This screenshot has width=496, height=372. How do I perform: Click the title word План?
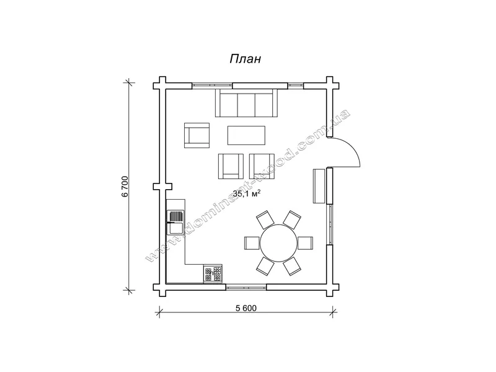coord(246,59)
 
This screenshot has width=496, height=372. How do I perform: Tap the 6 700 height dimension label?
coord(125,187)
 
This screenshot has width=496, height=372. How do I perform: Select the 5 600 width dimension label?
coord(246,308)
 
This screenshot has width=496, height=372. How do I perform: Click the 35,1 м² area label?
coord(247,193)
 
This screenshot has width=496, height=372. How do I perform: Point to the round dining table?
coord(278,243)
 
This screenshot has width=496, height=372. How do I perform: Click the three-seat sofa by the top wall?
coord(246,103)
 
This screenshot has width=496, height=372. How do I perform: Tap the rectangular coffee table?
coord(246,135)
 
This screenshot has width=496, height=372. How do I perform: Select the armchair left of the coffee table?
coord(197,135)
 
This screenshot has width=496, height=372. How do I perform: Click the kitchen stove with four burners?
coord(213,273)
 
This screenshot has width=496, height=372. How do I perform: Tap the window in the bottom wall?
coord(246,287)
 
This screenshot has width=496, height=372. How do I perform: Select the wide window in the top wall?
coord(212,86)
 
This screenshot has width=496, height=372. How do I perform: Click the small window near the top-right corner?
coord(296,86)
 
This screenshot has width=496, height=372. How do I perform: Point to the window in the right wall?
coord(330,224)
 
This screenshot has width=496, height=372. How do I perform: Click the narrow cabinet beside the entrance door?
coord(319,186)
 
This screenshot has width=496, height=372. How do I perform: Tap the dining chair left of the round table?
coord(252,243)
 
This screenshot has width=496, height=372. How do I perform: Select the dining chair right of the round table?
coord(305,243)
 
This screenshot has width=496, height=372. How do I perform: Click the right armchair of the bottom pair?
coord(262,166)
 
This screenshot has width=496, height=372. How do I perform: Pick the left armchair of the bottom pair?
coord(231,166)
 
